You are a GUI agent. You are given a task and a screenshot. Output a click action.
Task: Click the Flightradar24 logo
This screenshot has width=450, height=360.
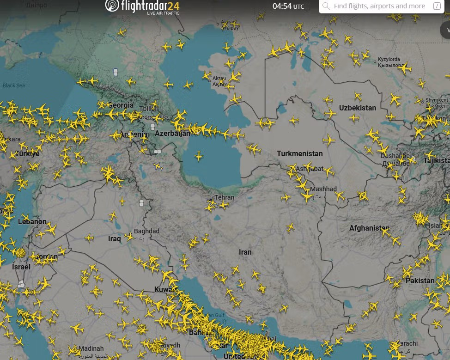point(142,6)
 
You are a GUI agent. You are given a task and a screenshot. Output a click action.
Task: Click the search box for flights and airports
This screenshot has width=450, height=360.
point(379,6)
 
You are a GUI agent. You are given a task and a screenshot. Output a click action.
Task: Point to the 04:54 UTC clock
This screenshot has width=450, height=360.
point(288,6)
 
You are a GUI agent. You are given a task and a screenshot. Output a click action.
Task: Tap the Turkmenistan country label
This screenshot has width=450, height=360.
point(300,153)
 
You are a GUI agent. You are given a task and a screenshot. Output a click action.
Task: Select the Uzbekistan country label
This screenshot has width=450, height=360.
point(358,108)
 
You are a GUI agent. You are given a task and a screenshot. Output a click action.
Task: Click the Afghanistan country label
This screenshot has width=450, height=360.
point(369,228)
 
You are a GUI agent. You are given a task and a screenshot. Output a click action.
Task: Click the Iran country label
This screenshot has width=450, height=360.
point(245,252)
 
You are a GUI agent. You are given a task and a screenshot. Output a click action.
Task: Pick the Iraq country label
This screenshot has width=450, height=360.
point(115,238)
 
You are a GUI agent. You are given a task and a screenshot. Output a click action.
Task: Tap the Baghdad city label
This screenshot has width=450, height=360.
point(146,231)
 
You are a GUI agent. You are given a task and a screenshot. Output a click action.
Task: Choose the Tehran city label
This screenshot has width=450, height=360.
point(225,197)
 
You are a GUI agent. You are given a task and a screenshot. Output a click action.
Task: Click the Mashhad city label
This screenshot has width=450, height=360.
point(323,189)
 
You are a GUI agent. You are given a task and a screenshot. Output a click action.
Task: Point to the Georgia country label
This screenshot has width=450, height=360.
point(121,105)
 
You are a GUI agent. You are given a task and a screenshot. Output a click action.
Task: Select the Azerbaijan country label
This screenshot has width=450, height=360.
point(172,133)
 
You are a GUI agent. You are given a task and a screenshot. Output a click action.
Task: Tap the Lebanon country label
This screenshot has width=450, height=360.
point(32,221)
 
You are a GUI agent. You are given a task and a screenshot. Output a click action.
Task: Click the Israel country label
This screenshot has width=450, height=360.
point(21,267)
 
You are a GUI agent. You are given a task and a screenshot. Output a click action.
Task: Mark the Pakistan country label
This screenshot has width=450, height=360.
point(420,281)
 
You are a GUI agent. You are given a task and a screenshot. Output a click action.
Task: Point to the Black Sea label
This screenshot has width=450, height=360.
point(14,85)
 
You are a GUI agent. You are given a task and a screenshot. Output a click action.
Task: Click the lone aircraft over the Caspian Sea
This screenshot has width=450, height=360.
point(199,156)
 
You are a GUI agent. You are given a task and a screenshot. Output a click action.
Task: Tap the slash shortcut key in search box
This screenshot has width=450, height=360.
point(437,6)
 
